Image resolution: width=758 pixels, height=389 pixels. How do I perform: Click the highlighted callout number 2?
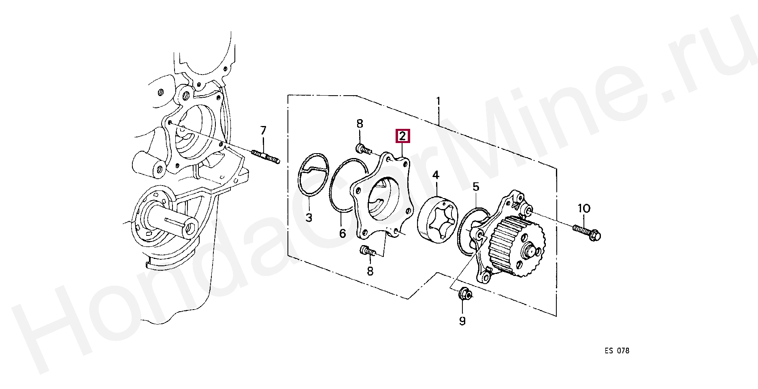pyautogui.click(x=402, y=136)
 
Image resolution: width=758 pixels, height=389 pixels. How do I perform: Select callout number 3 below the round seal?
pyautogui.click(x=309, y=218)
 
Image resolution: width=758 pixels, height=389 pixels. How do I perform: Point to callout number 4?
pyautogui.click(x=436, y=175)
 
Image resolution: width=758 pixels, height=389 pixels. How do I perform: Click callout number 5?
pyautogui.click(x=476, y=187)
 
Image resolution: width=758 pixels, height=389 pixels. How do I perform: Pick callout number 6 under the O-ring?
pyautogui.click(x=343, y=233)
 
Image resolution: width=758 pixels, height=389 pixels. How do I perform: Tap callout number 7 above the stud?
pyautogui.click(x=263, y=130)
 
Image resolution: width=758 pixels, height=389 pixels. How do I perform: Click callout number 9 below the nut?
pyautogui.click(x=462, y=321)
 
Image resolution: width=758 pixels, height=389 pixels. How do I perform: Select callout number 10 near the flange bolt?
pyautogui.click(x=583, y=209)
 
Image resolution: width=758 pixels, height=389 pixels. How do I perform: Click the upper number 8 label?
pyautogui.click(x=360, y=124)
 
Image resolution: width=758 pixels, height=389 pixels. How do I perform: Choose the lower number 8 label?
pyautogui.click(x=370, y=271)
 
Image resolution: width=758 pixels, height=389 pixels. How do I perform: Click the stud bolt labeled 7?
pyautogui.click(x=265, y=157)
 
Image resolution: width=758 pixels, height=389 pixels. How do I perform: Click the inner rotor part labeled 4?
pyautogui.click(x=438, y=220)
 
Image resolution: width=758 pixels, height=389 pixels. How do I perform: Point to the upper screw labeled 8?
pyautogui.click(x=363, y=149)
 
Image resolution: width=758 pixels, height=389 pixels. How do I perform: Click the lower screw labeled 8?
pyautogui.click(x=367, y=251)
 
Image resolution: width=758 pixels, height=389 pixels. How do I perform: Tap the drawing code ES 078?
pyautogui.click(x=617, y=351)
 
